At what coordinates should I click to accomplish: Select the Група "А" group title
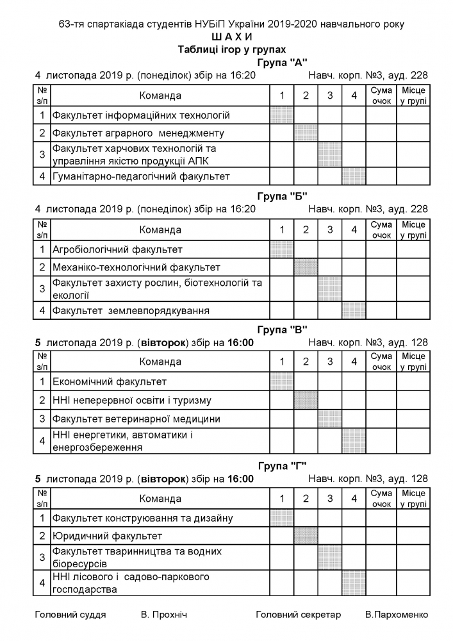coord(283,62)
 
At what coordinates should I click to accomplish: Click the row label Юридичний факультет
coord(108,535)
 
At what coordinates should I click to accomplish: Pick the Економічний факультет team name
coord(110,382)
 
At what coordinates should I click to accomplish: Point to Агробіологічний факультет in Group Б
coord(118,249)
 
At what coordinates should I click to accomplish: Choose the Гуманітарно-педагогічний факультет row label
coord(141,176)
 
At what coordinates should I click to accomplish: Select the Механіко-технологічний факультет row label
coord(136,267)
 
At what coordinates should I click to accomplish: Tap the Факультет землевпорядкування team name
coord(131,311)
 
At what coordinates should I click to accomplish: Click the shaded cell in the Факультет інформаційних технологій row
coord(282,115)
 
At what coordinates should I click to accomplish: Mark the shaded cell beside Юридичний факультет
coord(306,535)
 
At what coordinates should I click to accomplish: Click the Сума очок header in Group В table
coord(381,362)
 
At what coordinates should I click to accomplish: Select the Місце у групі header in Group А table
coord(413,96)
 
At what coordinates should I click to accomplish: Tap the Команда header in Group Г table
coord(160,498)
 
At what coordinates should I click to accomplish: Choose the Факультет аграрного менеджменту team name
coord(138,133)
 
